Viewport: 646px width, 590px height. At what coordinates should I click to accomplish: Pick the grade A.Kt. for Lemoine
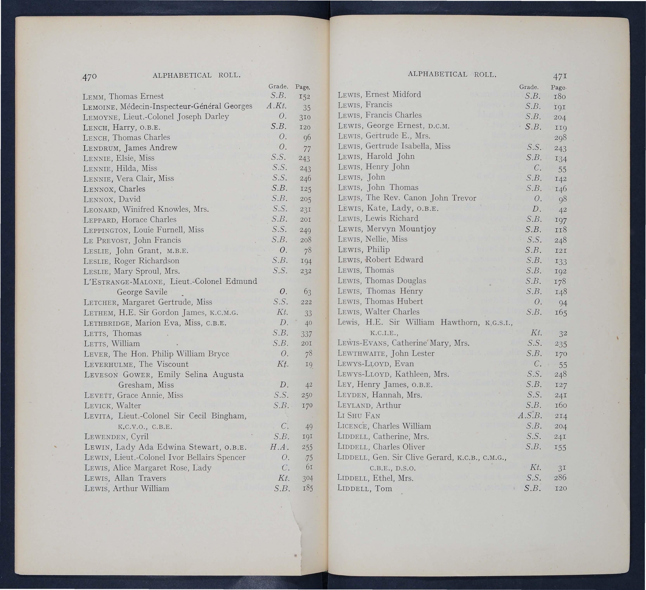click(x=276, y=106)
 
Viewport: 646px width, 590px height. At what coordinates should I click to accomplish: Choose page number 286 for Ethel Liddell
click(x=560, y=478)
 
